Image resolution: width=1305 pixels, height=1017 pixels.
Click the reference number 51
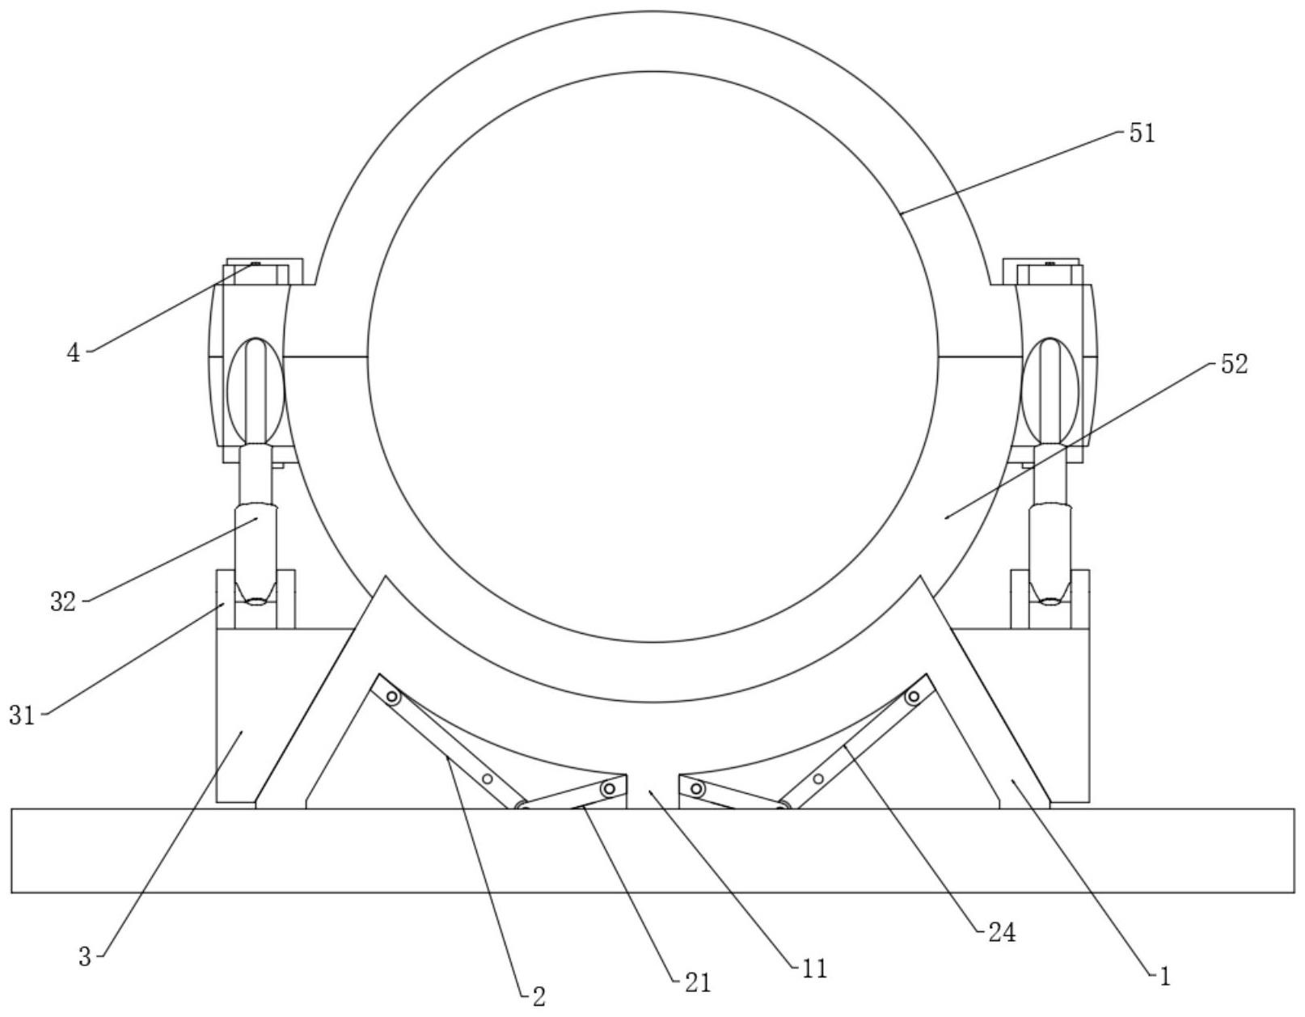(1142, 133)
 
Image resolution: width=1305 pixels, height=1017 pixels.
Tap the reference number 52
(1234, 364)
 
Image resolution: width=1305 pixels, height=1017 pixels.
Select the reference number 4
(74, 353)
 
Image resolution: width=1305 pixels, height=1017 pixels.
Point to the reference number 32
(63, 601)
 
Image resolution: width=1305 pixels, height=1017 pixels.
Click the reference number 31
(22, 715)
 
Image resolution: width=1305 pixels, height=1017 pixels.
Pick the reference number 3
(85, 957)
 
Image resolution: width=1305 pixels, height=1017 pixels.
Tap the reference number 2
(539, 997)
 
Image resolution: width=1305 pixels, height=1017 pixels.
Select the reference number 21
(698, 983)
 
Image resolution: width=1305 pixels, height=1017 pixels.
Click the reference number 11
(814, 968)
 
